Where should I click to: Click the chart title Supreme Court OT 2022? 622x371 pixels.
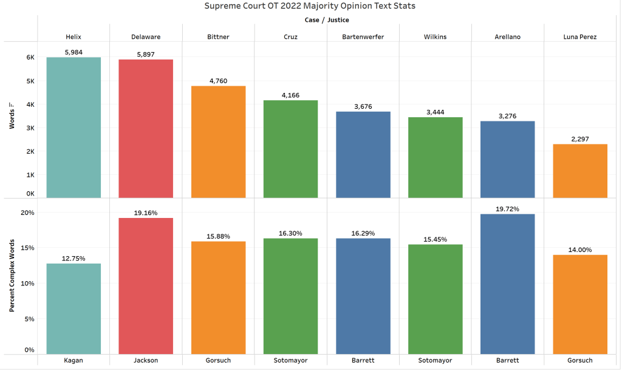tap(310, 6)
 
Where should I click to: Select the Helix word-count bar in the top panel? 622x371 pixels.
tap(73, 127)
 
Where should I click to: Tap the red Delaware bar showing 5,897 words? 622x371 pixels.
tap(146, 128)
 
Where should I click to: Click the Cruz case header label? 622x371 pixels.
tap(290, 36)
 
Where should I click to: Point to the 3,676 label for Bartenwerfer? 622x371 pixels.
tap(363, 106)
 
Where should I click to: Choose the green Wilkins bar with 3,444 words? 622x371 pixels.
tap(436, 157)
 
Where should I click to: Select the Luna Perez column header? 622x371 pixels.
tap(580, 36)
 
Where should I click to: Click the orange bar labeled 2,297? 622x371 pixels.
tap(580, 171)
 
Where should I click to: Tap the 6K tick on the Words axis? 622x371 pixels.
tap(30, 58)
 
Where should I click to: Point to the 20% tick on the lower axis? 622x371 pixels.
tap(28, 213)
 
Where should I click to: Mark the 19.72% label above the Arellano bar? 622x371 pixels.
tap(508, 209)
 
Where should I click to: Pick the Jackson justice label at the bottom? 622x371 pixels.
tap(146, 360)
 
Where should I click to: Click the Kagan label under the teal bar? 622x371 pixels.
tap(73, 360)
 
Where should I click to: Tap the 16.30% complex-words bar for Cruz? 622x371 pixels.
tap(290, 296)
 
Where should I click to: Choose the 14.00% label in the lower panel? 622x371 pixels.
tap(580, 250)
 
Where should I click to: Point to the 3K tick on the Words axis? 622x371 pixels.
tap(30, 128)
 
